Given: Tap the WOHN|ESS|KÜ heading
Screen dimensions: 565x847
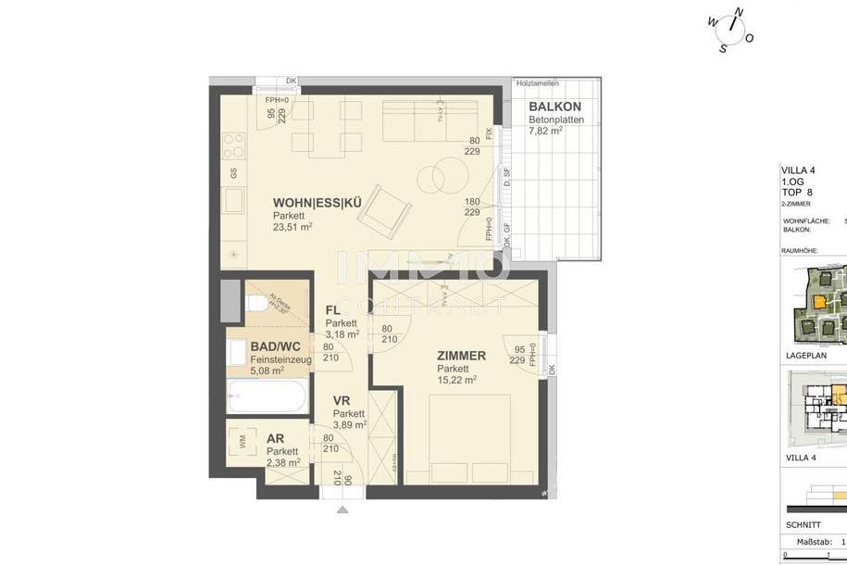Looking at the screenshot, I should (x=316, y=203).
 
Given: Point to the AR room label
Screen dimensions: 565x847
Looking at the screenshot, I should (x=275, y=439).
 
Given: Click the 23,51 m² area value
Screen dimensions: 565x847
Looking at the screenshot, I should (x=292, y=226).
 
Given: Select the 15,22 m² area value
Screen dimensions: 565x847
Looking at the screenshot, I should (x=457, y=379).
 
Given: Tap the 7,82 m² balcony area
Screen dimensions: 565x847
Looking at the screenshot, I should (x=546, y=131).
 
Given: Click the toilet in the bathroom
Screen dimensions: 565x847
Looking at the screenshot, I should (x=256, y=304).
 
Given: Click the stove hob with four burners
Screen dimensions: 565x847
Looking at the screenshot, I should (x=233, y=145).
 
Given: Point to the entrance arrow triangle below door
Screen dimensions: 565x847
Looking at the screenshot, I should (x=343, y=508).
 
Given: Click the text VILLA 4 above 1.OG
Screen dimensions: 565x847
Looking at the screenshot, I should (x=799, y=169).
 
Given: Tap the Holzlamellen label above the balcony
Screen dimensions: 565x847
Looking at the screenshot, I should (x=537, y=83).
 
